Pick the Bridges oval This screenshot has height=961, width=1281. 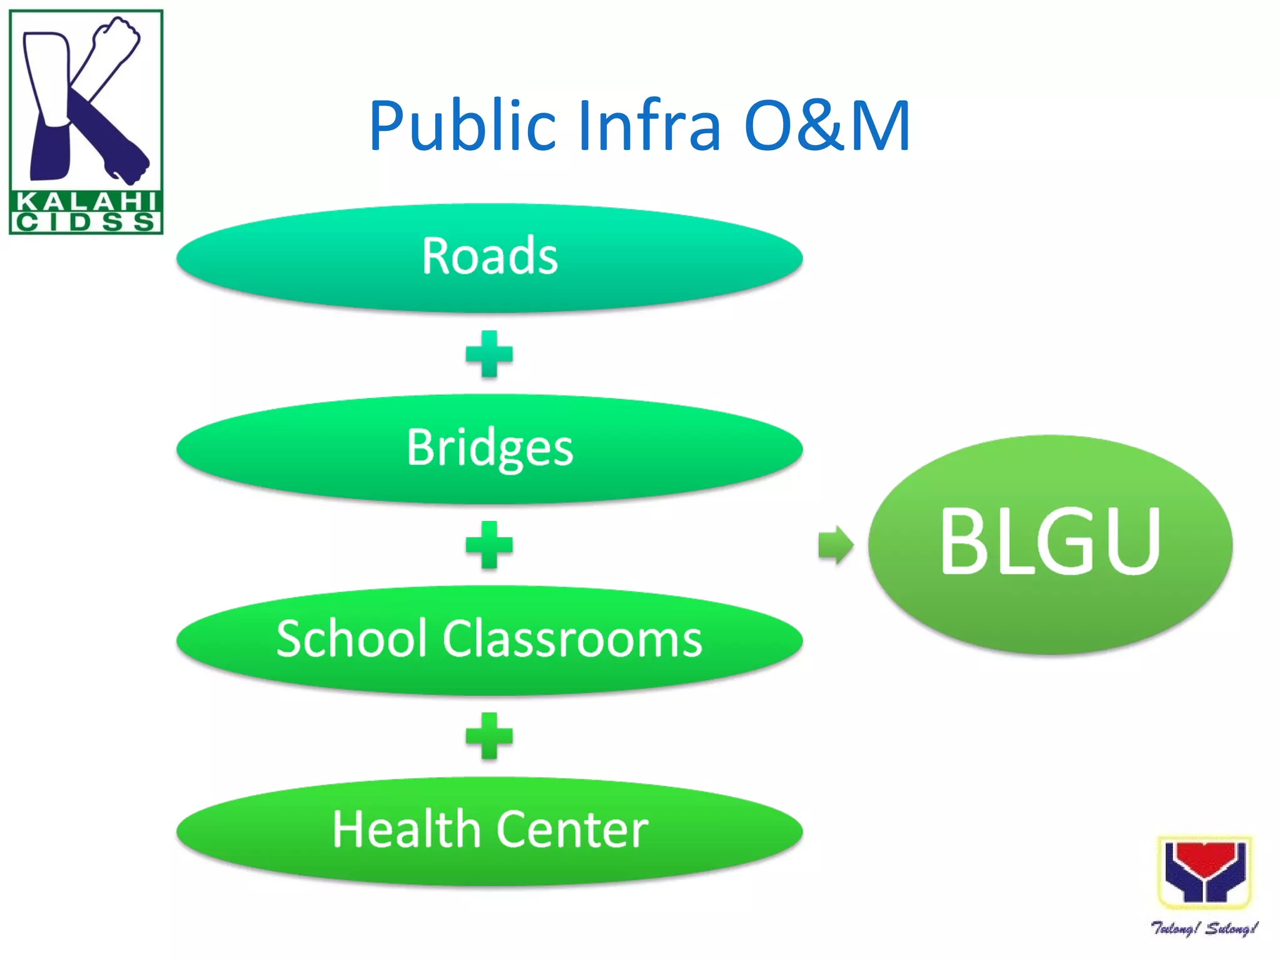[489, 448]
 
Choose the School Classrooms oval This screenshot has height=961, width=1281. [489, 639]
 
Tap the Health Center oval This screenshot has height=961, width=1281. [489, 830]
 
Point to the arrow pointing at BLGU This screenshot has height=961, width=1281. [835, 545]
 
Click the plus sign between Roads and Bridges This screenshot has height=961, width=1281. [489, 354]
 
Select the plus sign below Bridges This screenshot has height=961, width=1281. [489, 545]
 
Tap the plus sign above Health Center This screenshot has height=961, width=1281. [489, 736]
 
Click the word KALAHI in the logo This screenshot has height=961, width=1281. [86, 201]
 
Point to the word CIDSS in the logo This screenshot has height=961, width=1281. [86, 222]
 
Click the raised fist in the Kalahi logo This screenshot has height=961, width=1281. [116, 38]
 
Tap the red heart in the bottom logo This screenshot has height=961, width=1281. [1204, 858]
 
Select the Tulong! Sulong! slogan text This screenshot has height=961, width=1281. [1204, 928]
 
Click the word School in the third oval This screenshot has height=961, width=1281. [353, 639]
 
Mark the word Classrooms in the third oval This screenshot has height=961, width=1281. [573, 639]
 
